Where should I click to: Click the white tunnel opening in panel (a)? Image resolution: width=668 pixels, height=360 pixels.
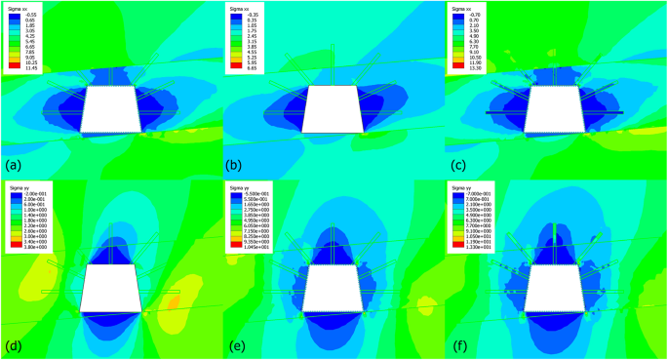[x=109, y=110]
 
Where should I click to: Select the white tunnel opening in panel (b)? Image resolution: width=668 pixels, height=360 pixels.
[x=333, y=110]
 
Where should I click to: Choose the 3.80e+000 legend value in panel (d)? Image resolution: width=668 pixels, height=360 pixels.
[x=37, y=249]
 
